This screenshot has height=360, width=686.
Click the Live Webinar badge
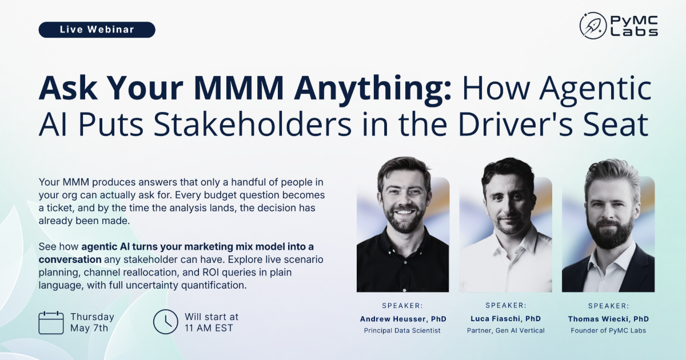point(97,30)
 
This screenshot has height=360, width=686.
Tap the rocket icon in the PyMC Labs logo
point(593,26)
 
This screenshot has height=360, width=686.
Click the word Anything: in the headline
point(373,88)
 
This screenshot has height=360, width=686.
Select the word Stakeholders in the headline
point(252,125)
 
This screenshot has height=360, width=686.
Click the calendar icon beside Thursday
point(51,323)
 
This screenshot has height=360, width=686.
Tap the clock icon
point(165,322)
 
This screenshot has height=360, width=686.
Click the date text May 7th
point(89,328)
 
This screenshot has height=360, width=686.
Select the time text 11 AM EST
point(209,328)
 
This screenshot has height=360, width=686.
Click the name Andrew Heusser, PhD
point(403,319)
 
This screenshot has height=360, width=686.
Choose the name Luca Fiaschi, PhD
point(505,319)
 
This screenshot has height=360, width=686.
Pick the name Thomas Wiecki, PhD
point(608,319)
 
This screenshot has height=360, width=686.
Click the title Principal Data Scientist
point(402,331)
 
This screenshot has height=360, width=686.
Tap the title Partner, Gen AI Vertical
point(506,331)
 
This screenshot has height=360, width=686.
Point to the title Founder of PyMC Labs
point(608,331)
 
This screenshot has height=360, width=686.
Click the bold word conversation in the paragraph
point(70,259)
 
